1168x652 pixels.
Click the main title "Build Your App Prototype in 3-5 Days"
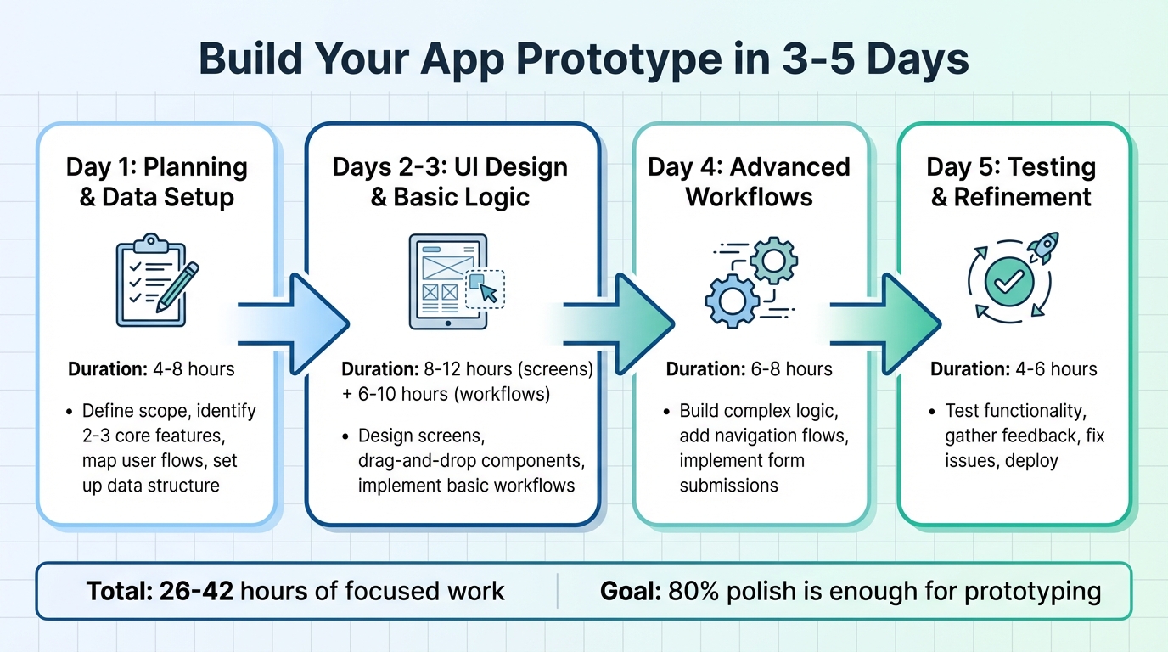pyautogui.click(x=583, y=61)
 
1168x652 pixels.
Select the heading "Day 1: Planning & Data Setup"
pyautogui.click(x=156, y=182)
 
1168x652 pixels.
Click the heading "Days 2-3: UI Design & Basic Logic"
pyautogui.click(x=450, y=182)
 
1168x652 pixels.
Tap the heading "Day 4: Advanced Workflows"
pyautogui.click(x=749, y=182)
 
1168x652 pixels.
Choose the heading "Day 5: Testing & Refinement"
pyautogui.click(x=1011, y=182)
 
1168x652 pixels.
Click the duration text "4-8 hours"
pyautogui.click(x=193, y=369)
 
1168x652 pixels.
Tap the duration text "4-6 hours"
pyautogui.click(x=1054, y=369)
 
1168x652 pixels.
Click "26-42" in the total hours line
pyautogui.click(x=198, y=591)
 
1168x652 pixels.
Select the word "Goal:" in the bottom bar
pyautogui.click(x=631, y=591)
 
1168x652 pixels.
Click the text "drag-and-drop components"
pyautogui.click(x=472, y=461)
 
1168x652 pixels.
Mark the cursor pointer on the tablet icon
pyautogui.click(x=489, y=292)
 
